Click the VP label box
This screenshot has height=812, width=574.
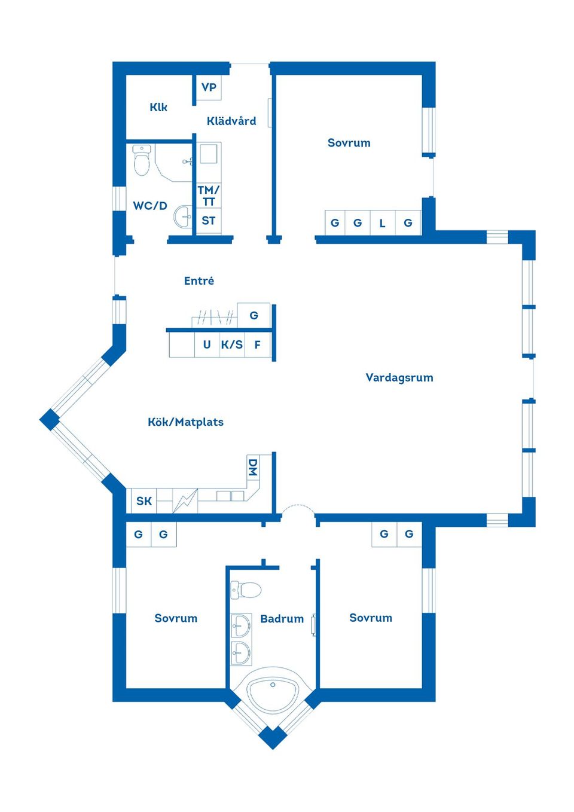pos(209,87)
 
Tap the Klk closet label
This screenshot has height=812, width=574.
pos(158,107)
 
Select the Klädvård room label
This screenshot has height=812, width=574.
pos(231,121)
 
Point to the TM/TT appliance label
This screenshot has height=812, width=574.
pos(208,196)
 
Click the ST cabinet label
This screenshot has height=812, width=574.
pos(208,221)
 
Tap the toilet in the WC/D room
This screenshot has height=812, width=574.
pos(141,160)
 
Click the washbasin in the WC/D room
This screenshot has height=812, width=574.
pos(184,217)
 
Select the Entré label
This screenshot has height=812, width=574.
pos(199,280)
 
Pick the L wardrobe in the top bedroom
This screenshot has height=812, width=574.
pos(383,222)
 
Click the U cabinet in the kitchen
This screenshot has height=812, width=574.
pos(207,344)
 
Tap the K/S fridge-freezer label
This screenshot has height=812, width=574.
pos(232,344)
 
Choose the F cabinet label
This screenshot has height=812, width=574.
pos(258,344)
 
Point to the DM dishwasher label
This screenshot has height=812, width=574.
pos(253,468)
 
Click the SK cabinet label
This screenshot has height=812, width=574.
pos(144,501)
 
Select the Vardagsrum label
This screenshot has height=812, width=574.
pos(399,377)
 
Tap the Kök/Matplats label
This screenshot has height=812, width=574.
pos(185,422)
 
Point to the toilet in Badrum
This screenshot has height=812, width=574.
pos(246,589)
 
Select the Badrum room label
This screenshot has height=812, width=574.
pos(282,619)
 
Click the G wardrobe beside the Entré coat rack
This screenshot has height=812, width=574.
pos(254,315)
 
